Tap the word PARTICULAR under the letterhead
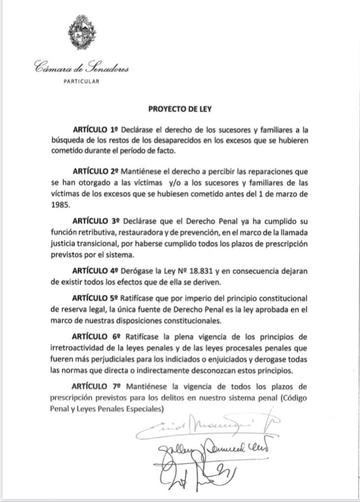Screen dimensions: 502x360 click(x=82, y=82)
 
